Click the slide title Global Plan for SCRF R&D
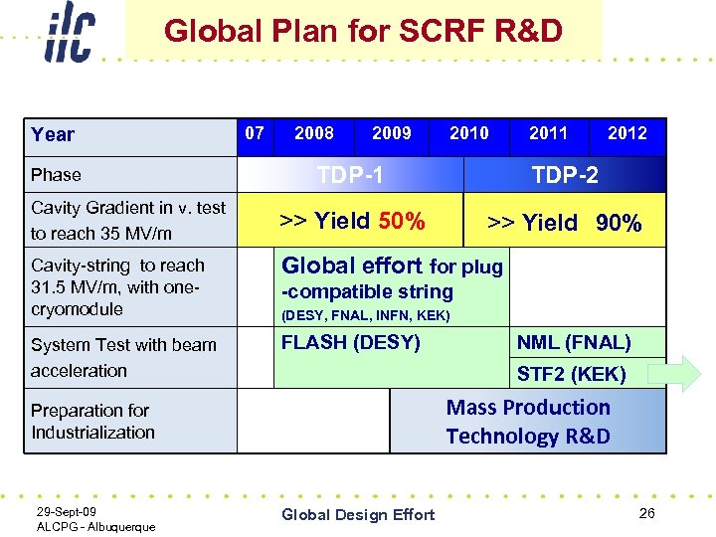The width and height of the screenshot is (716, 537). (x=363, y=31)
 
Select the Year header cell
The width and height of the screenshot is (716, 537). (x=53, y=135)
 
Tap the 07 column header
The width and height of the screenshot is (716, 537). (x=255, y=133)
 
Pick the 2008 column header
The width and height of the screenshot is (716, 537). (x=314, y=133)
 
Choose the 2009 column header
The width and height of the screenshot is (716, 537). (x=391, y=133)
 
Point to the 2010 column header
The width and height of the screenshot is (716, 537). (x=468, y=133)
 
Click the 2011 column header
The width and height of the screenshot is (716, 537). (x=548, y=133)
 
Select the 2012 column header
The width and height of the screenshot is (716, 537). (x=626, y=133)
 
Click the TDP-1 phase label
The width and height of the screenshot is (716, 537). (x=350, y=175)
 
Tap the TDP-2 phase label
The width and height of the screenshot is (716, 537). (x=565, y=175)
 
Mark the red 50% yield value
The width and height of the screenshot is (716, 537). (x=402, y=221)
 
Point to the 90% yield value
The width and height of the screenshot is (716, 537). (x=619, y=224)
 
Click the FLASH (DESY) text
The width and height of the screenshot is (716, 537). (x=350, y=343)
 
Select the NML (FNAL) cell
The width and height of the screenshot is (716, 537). (x=573, y=343)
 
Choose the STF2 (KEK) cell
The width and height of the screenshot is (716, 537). (x=571, y=374)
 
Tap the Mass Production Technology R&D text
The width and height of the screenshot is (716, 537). (x=528, y=422)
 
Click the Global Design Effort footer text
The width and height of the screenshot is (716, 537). (x=358, y=514)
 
